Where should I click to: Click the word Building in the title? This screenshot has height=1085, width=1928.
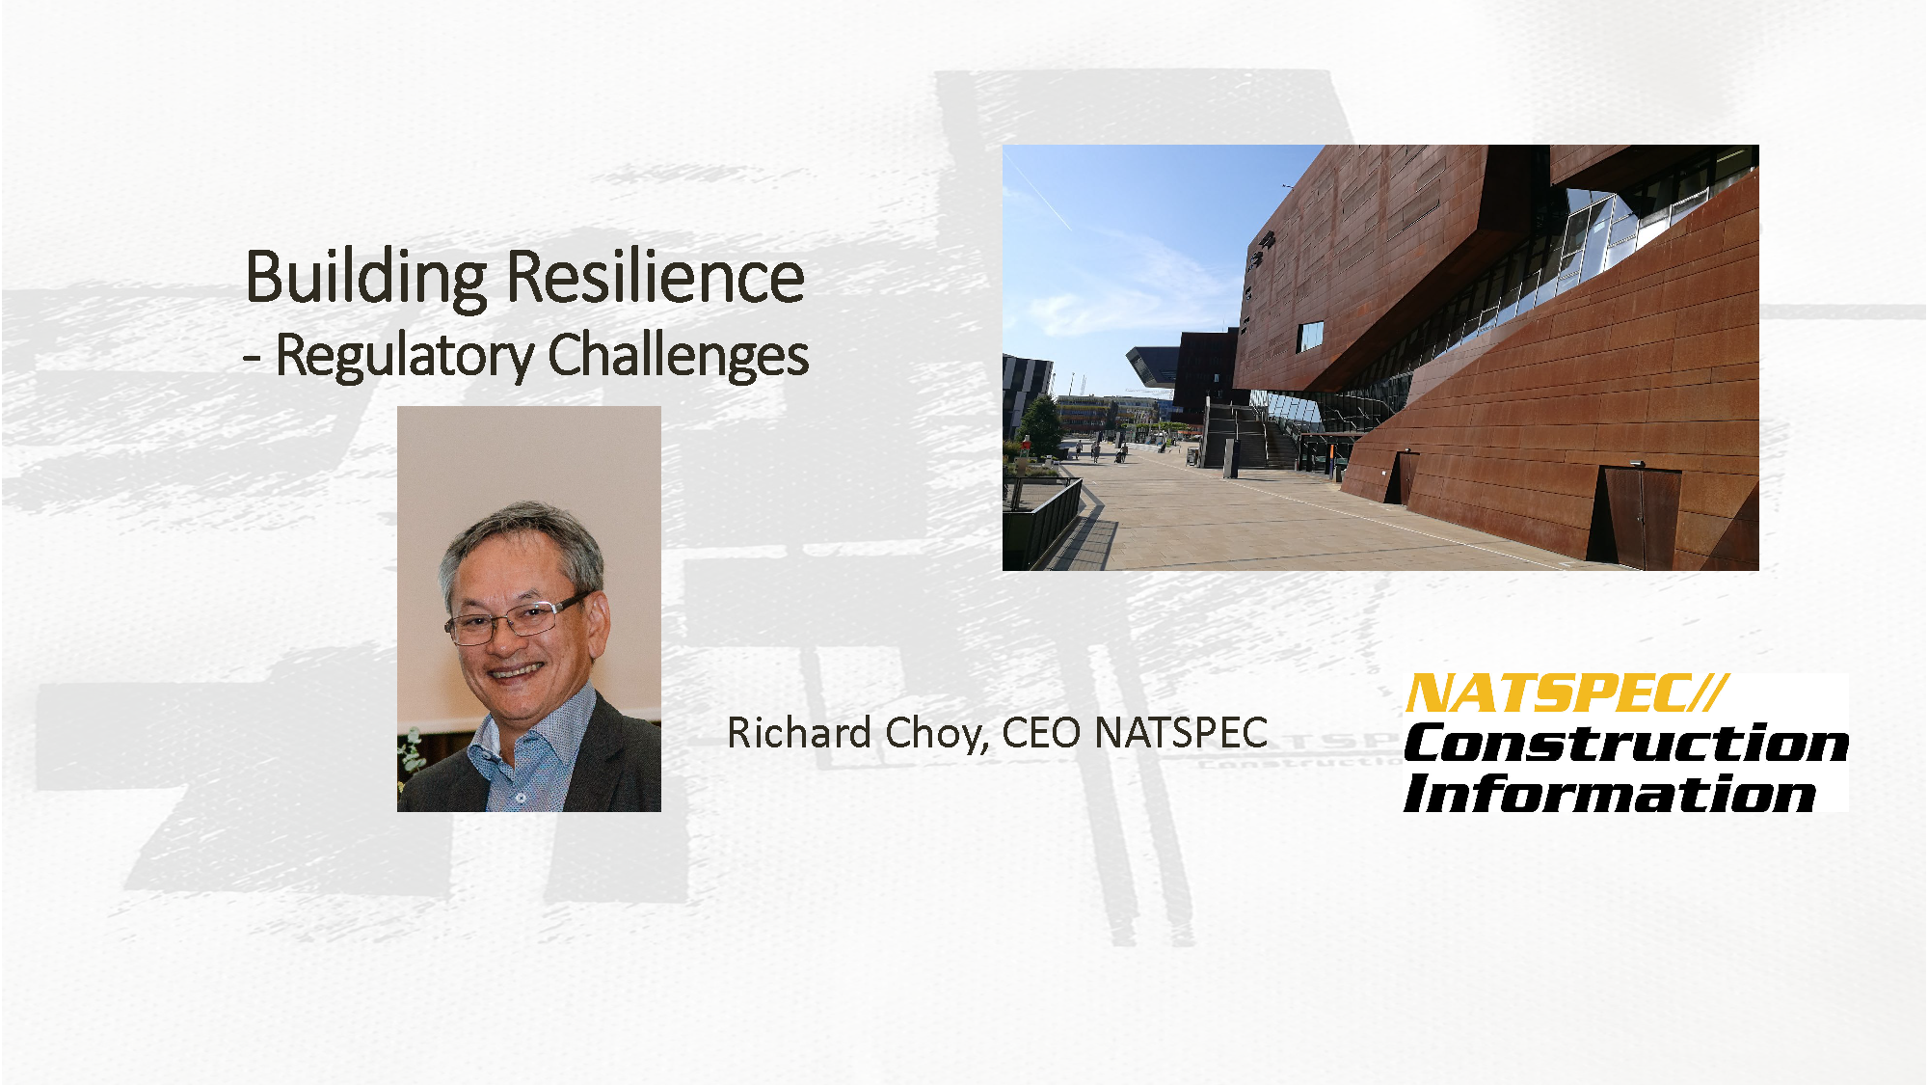pos(366,278)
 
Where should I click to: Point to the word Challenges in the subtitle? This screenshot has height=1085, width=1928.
pos(679,356)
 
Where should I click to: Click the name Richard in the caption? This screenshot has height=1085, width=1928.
pos(799,733)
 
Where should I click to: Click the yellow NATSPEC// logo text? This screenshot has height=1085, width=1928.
pos(1566,693)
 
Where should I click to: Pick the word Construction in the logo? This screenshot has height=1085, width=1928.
pos(1626,744)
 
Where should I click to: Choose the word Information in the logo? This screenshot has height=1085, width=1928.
pos(1610,795)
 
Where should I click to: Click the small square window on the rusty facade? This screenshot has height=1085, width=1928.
pos(1311,336)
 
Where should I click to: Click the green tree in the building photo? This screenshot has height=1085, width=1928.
pos(1041,421)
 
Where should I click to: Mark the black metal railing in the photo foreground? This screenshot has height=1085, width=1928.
pos(1045,521)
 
